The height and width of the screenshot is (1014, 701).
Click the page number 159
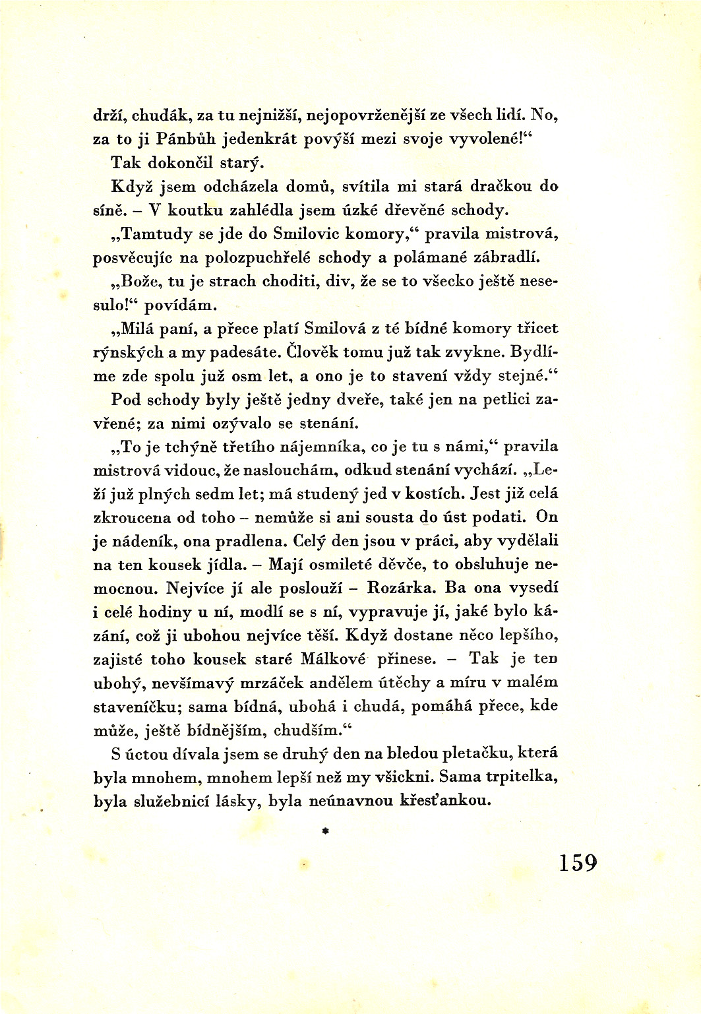click(578, 862)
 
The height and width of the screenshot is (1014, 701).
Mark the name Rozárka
click(402, 587)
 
